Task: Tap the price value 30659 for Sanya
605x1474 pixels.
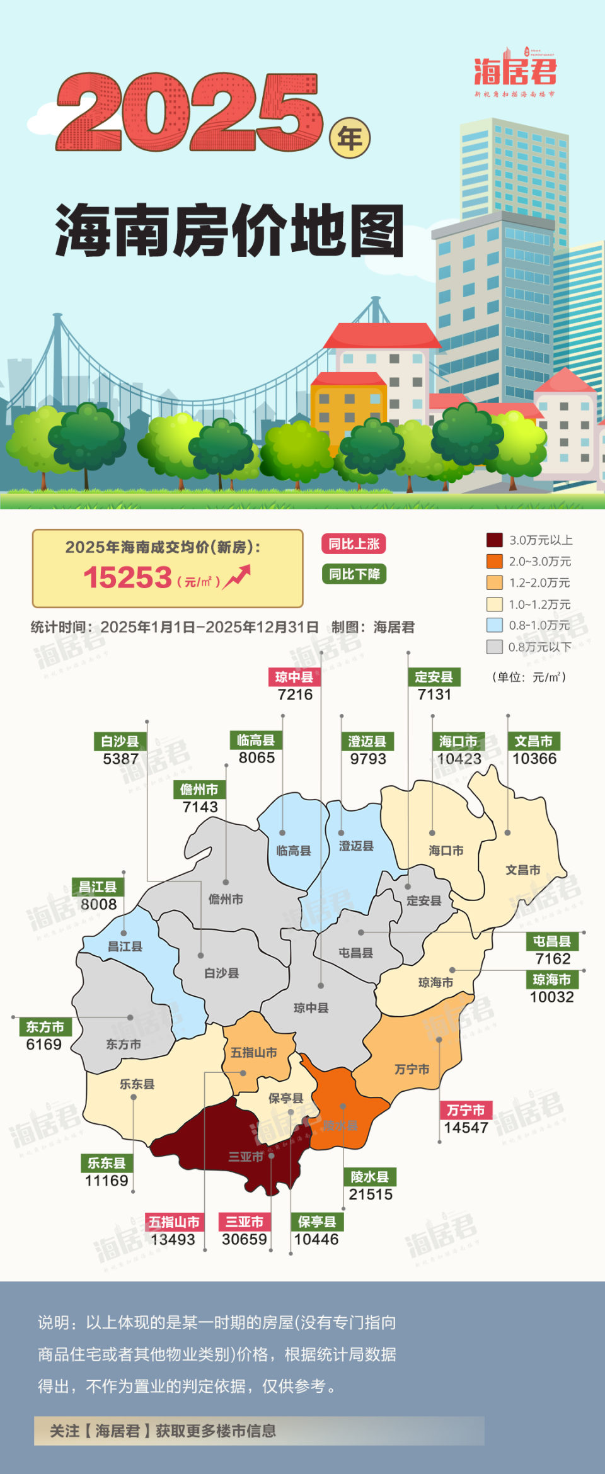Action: tap(245, 1239)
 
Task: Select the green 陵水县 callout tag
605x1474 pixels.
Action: tap(370, 1177)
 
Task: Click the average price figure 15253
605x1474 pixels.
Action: tap(128, 577)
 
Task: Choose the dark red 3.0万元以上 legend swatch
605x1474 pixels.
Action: tap(494, 540)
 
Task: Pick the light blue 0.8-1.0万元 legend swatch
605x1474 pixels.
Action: tap(494, 625)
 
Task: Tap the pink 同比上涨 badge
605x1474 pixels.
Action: tap(354, 544)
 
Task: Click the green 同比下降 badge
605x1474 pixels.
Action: tap(354, 574)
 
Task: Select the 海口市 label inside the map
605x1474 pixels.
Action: tap(446, 851)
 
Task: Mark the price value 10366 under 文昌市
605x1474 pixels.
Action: tap(534, 759)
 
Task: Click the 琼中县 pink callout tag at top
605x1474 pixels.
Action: tap(294, 677)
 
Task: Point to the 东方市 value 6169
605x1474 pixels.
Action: tap(44, 1045)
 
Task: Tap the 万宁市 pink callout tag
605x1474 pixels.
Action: tap(466, 1110)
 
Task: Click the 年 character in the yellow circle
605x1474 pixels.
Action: tap(350, 138)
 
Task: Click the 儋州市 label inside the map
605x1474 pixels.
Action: tap(226, 899)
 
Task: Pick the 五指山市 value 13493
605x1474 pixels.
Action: tap(173, 1239)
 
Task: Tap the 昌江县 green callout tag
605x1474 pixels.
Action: tap(98, 887)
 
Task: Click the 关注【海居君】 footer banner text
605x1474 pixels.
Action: tap(163, 1431)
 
